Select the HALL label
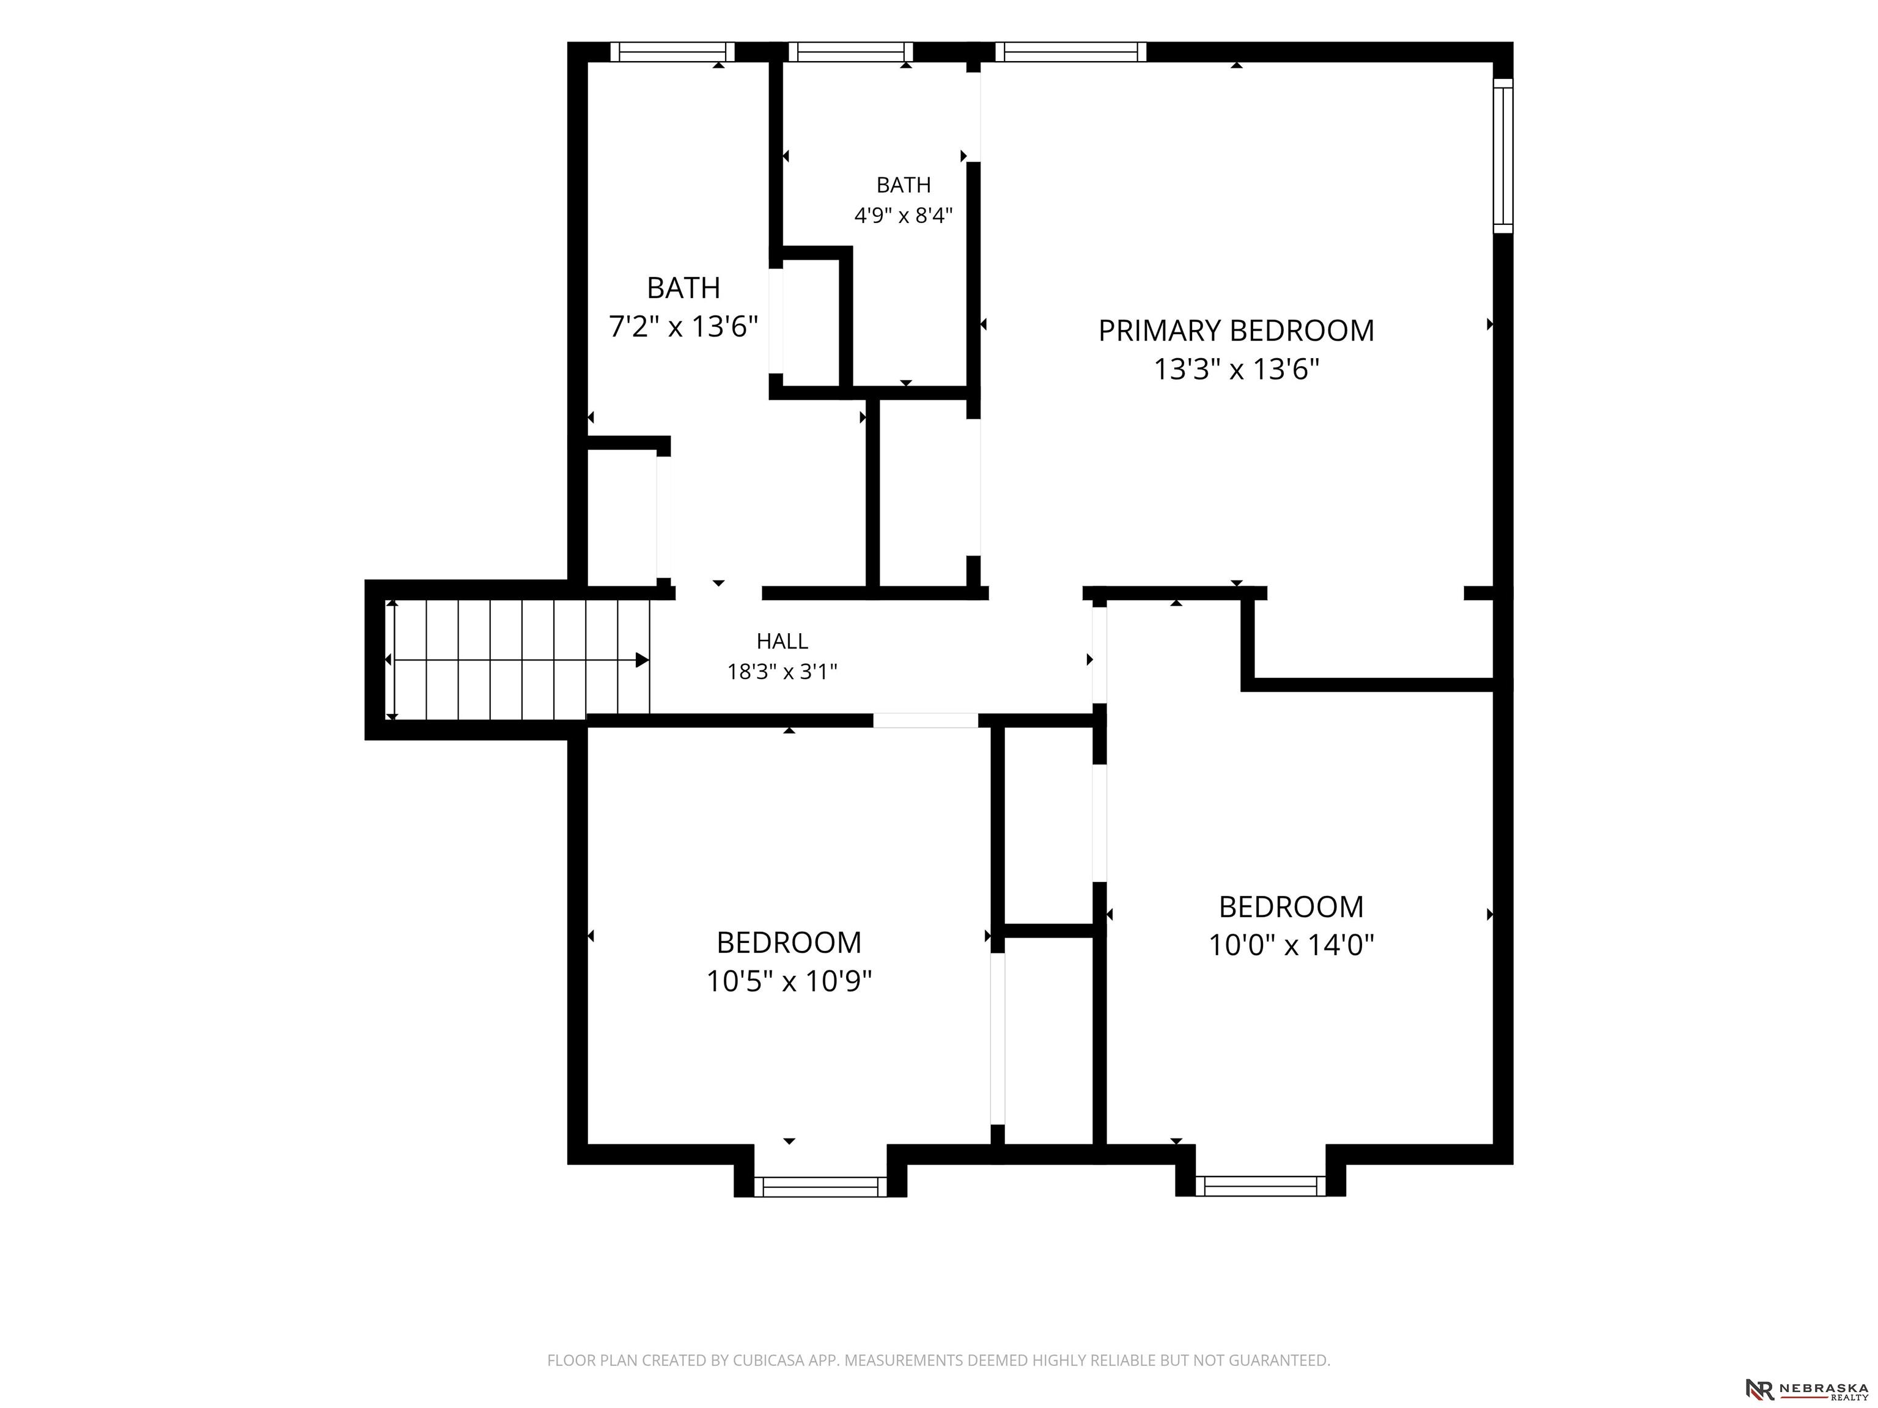point(782,641)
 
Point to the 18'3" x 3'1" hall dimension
point(782,672)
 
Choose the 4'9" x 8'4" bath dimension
point(904,216)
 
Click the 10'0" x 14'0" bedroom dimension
point(1291,945)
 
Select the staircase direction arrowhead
point(643,660)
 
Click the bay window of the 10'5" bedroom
point(820,1187)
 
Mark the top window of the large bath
point(672,52)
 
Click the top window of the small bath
point(851,52)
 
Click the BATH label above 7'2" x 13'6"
point(683,288)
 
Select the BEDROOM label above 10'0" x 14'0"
point(1291,906)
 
